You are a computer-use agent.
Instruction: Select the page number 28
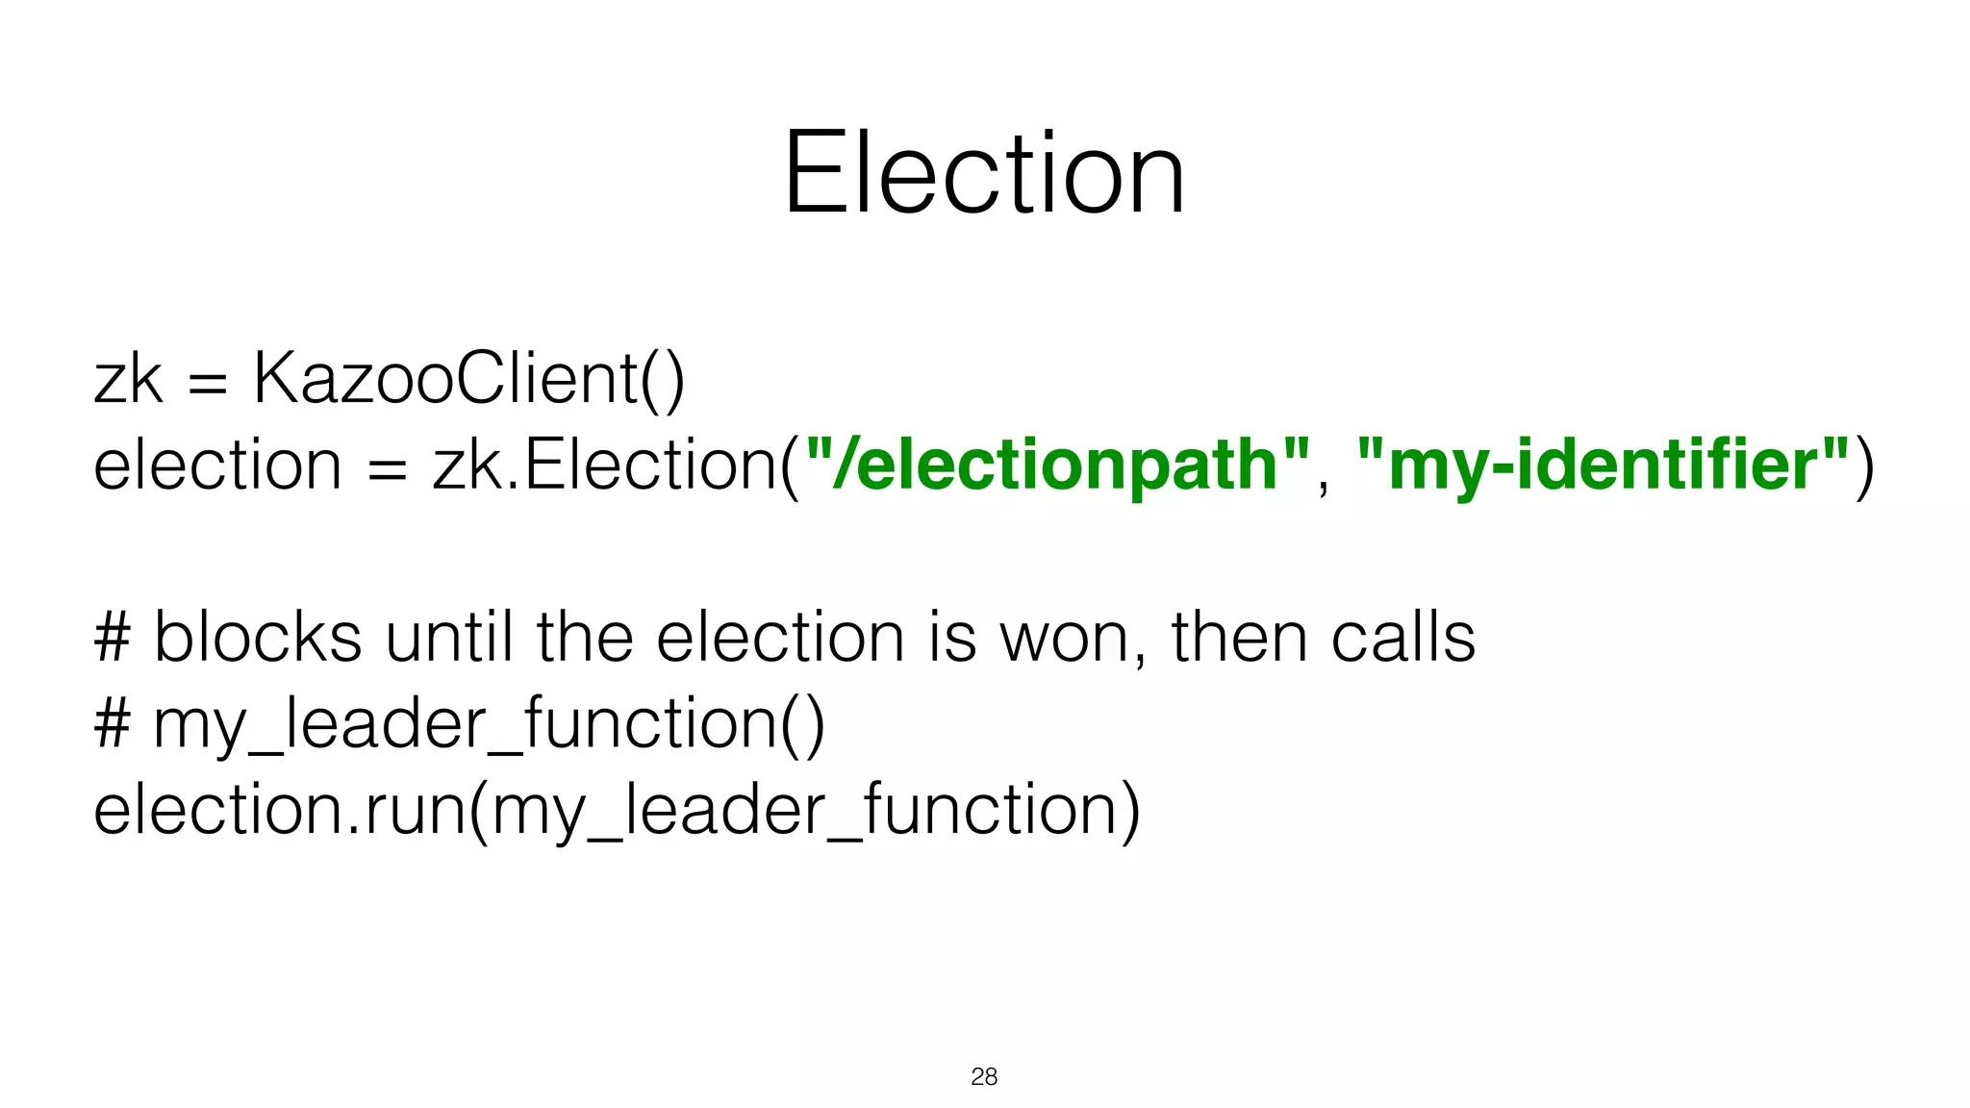pos(984,1076)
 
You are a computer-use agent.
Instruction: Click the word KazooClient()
pos(468,379)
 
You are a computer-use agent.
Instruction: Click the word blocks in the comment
pos(258,638)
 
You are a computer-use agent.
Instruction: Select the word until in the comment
pos(449,638)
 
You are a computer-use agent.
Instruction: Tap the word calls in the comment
pos(1403,638)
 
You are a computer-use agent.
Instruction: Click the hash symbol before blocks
pos(113,639)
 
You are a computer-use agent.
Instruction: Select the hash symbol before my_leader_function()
pos(113,724)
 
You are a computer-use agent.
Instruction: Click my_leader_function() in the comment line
pos(489,725)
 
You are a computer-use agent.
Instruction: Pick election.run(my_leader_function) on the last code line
pos(617,811)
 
